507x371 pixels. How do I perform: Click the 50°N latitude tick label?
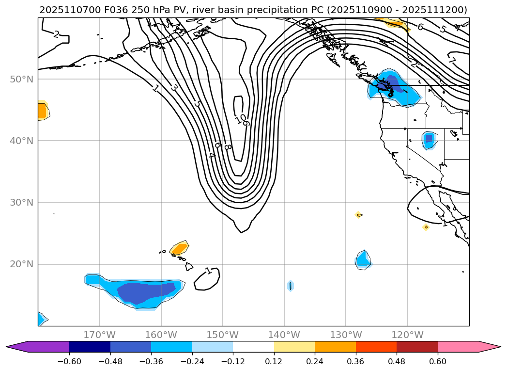click(21, 79)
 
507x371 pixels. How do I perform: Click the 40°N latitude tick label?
click(21, 141)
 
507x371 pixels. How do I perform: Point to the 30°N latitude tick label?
click(21, 203)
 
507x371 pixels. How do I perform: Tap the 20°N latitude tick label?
click(21, 264)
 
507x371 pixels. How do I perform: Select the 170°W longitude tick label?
click(99, 335)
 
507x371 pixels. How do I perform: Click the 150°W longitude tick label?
click(222, 335)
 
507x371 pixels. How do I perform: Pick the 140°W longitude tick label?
click(284, 335)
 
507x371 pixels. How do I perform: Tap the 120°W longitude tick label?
click(407, 335)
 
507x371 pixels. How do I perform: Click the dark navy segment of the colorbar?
click(90, 347)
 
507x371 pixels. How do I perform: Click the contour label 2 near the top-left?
click(56, 34)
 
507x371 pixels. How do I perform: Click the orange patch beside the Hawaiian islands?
click(179, 248)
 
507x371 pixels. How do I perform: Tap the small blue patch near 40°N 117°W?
click(429, 140)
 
